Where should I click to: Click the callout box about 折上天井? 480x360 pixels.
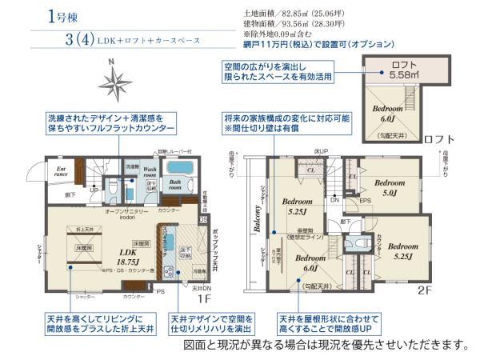(99, 322)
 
